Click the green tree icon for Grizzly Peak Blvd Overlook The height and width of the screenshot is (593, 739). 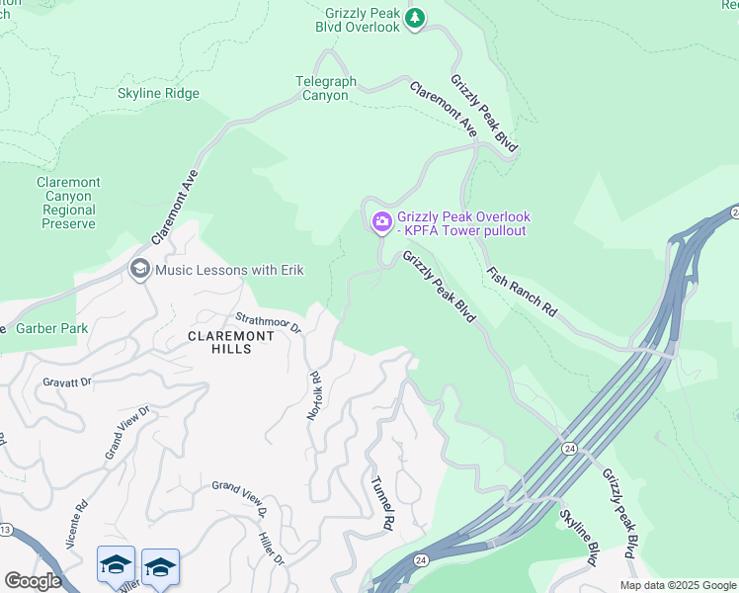[416, 17]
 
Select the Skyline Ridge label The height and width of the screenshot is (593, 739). [158, 94]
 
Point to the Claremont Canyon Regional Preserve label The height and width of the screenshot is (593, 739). [69, 203]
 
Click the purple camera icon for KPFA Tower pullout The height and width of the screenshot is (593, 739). [381, 223]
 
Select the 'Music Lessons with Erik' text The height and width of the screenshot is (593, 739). [229, 270]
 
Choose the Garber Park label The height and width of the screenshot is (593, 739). [52, 328]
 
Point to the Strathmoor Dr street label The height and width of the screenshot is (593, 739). [268, 322]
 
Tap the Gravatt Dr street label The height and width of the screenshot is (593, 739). [66, 381]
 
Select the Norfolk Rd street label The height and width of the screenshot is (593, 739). [315, 395]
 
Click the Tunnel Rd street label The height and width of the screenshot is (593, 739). [382, 501]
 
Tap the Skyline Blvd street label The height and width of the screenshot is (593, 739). [578, 537]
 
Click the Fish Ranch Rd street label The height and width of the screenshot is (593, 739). [522, 293]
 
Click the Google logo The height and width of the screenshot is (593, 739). [33, 581]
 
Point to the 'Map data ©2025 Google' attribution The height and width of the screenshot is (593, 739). [678, 585]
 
